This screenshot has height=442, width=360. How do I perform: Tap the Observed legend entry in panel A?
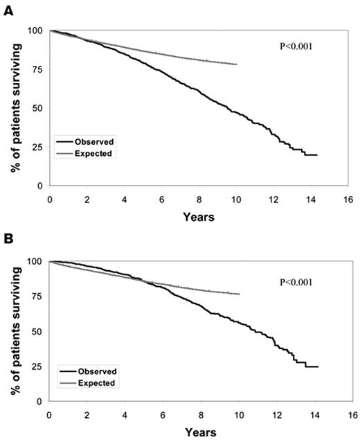(90, 141)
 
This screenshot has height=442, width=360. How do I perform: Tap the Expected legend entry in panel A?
(90, 153)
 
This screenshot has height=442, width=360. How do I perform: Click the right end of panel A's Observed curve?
(317, 155)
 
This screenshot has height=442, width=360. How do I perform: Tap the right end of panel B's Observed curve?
(318, 366)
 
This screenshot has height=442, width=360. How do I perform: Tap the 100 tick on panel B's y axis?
(35, 261)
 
